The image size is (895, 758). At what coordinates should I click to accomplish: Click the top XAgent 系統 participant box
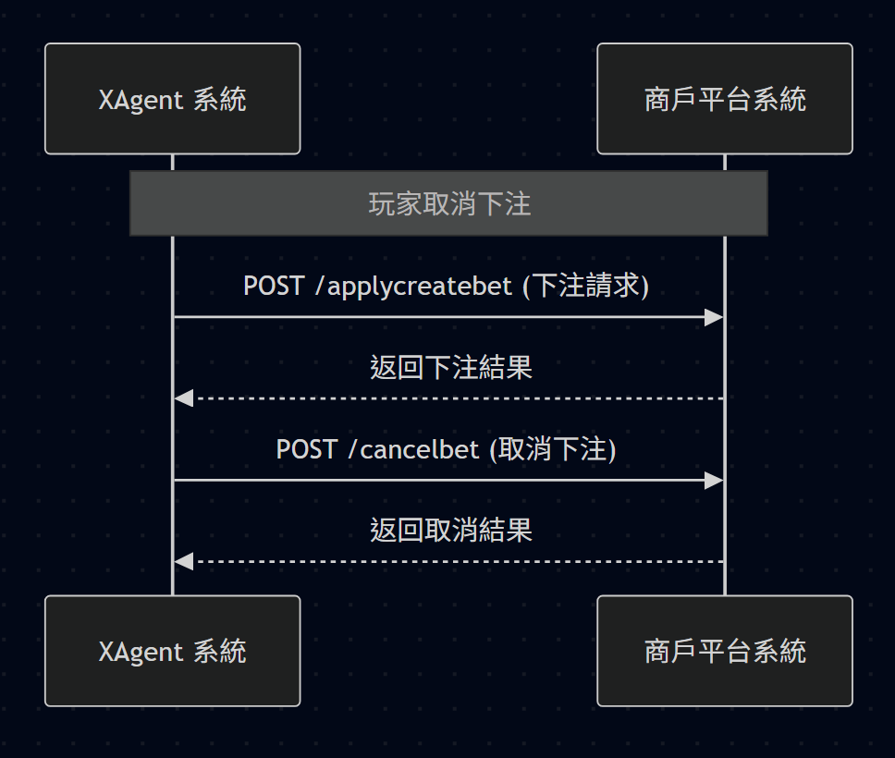(172, 99)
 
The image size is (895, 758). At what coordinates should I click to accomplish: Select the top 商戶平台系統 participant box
(725, 99)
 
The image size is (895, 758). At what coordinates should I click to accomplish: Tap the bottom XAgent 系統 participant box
(172, 651)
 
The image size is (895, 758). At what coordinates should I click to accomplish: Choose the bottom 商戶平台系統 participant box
(725, 651)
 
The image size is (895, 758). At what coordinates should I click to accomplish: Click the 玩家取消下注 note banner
(448, 203)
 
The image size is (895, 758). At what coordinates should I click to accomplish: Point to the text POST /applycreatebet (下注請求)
(447, 286)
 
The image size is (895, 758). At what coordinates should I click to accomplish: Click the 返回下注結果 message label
(451, 367)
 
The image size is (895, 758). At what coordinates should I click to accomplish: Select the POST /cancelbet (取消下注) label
(447, 448)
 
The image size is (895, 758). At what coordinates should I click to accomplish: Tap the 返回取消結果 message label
(451, 531)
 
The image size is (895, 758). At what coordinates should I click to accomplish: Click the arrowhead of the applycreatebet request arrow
(715, 317)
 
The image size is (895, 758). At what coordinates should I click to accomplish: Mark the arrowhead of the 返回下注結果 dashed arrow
(183, 398)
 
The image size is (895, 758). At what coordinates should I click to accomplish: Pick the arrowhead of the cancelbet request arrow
(715, 481)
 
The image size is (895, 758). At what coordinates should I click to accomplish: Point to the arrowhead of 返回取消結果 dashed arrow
(183, 562)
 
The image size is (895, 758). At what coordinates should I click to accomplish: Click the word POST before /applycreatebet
(274, 286)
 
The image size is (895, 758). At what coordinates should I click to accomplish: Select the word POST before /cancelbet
(307, 449)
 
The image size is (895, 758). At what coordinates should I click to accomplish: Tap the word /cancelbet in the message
(414, 449)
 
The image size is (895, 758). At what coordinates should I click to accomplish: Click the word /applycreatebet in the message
(414, 286)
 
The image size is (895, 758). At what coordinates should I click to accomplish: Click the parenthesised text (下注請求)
(586, 286)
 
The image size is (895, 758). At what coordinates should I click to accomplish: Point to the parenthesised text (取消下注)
(553, 448)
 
